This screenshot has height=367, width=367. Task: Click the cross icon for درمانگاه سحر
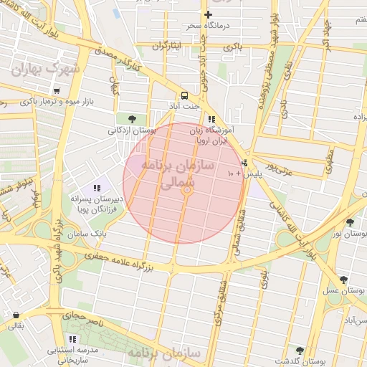pos(209,14)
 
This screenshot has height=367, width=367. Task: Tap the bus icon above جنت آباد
pos(184,95)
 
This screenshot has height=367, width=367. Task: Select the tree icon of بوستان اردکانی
pos(131,119)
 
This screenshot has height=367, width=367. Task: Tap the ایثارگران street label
pos(167,46)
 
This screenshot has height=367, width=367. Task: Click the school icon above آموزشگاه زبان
pos(211,120)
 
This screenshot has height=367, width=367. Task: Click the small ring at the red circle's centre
pos(186,190)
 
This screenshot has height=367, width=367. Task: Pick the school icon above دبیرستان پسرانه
pos(97,188)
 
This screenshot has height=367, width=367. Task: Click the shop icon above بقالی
pos(16,314)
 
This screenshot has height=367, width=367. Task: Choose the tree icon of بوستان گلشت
pos(300,350)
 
